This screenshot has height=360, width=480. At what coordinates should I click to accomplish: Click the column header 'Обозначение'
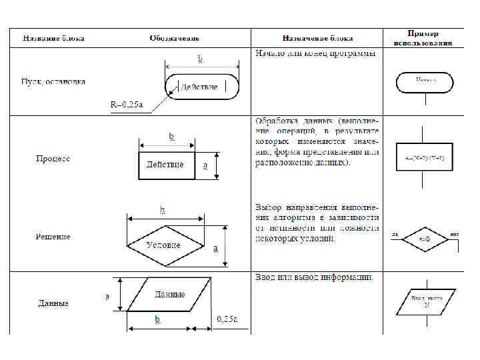tap(175, 39)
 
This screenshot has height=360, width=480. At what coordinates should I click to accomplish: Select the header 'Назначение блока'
tap(317, 39)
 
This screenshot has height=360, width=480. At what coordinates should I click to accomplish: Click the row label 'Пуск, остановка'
tap(53, 81)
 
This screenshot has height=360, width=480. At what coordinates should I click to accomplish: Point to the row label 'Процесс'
tap(53, 159)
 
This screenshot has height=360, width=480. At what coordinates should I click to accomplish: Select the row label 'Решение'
tap(53, 237)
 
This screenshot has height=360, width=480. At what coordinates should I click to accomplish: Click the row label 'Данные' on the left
tap(53, 303)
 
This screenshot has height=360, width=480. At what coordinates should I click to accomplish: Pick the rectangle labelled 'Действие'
tap(167, 165)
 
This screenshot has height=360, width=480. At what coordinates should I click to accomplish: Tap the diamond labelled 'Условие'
tap(164, 245)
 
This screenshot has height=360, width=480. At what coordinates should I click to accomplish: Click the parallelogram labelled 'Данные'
tap(169, 294)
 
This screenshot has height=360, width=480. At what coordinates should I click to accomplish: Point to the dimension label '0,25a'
tap(227, 319)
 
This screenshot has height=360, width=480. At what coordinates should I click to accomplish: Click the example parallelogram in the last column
tap(425, 302)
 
